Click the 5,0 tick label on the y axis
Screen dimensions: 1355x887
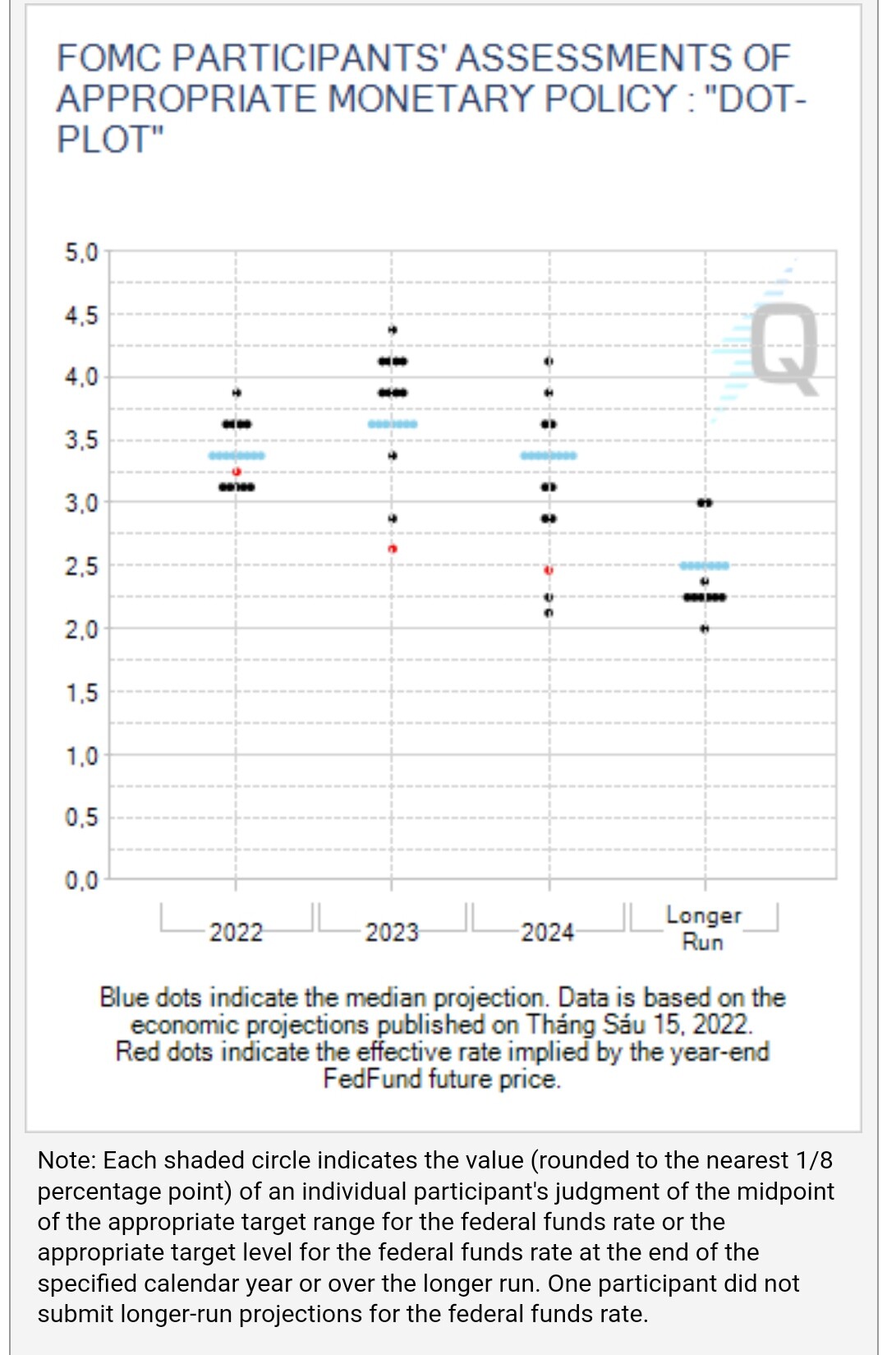(x=81, y=252)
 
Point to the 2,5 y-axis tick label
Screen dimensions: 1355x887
(x=81, y=566)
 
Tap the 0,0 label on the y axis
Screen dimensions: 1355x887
(x=81, y=881)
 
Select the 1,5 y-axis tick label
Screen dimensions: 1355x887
(x=81, y=693)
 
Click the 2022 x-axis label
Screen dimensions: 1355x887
(x=236, y=933)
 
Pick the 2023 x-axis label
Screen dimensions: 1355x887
(x=392, y=933)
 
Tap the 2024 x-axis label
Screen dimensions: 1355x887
(x=548, y=933)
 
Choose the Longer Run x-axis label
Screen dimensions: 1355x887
(x=703, y=929)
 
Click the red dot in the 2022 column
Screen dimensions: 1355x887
(x=237, y=472)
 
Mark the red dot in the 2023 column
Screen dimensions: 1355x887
(x=393, y=548)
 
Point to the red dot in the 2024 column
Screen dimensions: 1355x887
(x=549, y=569)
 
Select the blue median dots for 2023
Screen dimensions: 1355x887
(x=393, y=424)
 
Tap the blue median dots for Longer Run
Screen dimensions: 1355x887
(x=704, y=565)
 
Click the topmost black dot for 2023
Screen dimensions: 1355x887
(x=393, y=330)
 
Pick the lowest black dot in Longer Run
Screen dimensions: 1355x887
(x=705, y=629)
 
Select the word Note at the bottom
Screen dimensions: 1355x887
(x=66, y=1160)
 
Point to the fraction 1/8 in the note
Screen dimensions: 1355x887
(x=814, y=1160)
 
